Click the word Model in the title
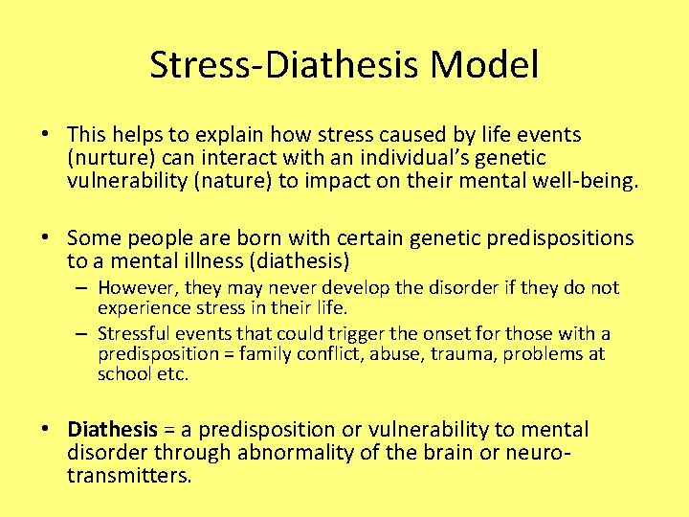coord(484,65)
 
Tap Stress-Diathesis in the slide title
coord(285,65)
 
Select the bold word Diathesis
coord(112,430)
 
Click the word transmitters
coord(129,475)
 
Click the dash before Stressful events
coord(82,333)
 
